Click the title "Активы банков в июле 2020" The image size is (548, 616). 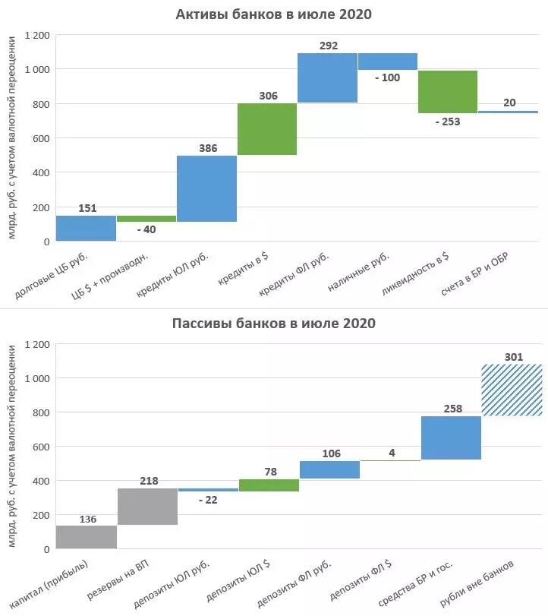coord(273,14)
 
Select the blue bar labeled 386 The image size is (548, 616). coord(206,188)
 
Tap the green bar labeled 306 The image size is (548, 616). coord(267,129)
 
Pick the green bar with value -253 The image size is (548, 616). coord(448,91)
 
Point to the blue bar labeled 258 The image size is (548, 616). coord(451,438)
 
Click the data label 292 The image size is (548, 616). coord(328,46)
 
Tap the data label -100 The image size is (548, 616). coord(387,77)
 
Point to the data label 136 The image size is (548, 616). coord(87,519)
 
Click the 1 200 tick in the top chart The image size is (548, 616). coord(36,35)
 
